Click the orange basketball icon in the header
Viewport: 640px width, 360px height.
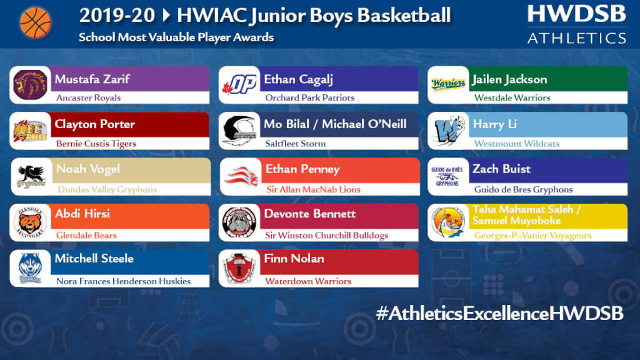point(36,23)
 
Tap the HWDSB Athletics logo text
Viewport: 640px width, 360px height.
point(576,24)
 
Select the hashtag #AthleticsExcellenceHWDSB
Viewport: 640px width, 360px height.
point(499,314)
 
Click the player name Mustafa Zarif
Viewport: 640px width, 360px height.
point(92,79)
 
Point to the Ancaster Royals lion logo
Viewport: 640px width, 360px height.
point(30,85)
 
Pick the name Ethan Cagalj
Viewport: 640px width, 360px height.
point(298,79)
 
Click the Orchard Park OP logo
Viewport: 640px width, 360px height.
point(239,84)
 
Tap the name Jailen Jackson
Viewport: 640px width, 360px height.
point(509,79)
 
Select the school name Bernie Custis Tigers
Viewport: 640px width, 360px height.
point(96,144)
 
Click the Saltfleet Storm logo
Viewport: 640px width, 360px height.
point(239,131)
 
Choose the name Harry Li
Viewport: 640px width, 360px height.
point(495,124)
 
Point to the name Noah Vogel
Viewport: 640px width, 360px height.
point(88,169)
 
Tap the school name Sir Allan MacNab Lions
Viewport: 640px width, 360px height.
point(314,189)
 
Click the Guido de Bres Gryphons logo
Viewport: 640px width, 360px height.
point(447,176)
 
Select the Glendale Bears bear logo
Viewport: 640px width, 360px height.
point(30,222)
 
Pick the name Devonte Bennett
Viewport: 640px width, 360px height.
point(310,214)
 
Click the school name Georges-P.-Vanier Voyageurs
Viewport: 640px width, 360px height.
point(532,236)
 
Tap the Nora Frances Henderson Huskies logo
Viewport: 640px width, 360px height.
point(30,268)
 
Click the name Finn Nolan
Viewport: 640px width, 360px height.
point(294,258)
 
